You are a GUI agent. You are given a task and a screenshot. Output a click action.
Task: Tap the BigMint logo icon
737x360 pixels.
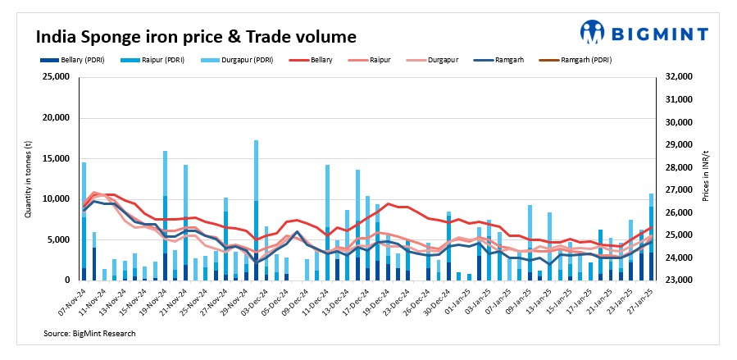coord(593,32)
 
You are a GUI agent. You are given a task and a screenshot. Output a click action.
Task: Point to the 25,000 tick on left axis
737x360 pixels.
coord(54,77)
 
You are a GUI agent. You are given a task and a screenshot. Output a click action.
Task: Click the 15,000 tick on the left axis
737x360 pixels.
coord(54,158)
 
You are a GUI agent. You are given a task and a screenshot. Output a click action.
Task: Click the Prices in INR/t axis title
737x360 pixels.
coord(706,179)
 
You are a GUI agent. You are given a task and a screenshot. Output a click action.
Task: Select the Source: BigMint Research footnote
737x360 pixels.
coord(90,334)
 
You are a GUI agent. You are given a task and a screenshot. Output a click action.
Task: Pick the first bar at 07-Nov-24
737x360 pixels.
coord(84,221)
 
